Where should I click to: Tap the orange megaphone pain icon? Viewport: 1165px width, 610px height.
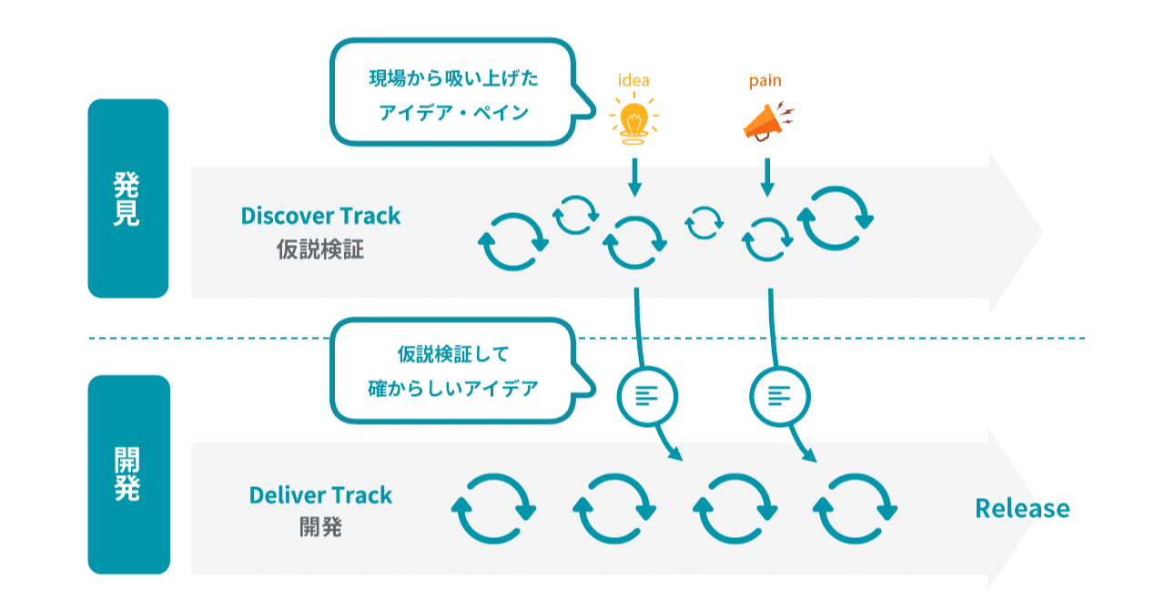point(766,122)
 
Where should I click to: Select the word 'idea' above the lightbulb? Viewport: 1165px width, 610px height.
point(633,80)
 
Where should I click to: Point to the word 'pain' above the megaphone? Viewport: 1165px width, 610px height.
point(765,80)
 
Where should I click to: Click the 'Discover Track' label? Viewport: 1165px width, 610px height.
point(320,216)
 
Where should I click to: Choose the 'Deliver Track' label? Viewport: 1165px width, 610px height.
point(320,495)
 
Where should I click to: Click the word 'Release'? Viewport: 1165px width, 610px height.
point(1022,508)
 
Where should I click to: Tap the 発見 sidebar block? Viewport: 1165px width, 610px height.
point(127,198)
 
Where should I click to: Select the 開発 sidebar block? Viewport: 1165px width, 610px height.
point(127,474)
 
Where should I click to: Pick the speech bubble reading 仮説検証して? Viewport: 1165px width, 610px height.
point(452,370)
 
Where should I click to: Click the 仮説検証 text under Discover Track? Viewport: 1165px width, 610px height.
point(320,249)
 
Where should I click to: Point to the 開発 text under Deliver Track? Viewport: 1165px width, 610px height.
point(320,527)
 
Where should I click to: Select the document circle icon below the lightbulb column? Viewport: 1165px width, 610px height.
point(647,395)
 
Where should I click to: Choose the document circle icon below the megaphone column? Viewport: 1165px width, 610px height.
point(780,395)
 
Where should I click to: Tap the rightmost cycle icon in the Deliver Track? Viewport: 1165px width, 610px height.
point(856,509)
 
